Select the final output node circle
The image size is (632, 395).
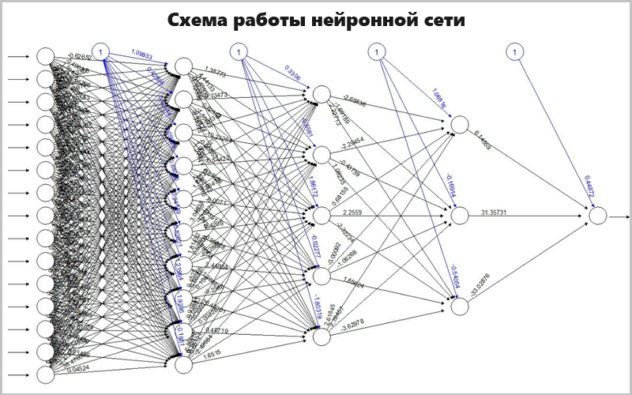597,215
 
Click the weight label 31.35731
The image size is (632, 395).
498,212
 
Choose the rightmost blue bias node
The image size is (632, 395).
514,52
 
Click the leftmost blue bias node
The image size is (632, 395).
100,52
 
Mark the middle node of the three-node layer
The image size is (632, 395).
460,215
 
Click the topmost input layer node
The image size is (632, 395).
45,57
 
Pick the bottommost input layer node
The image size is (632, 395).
45,374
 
